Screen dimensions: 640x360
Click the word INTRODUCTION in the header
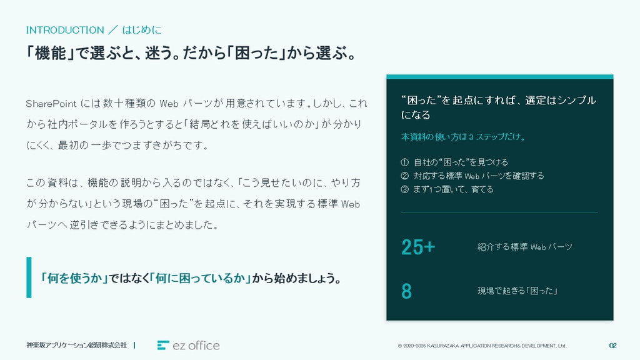(x=65, y=30)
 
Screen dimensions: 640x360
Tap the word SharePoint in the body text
(x=51, y=104)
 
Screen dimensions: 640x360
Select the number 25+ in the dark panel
(x=418, y=247)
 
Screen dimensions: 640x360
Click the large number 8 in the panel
(x=406, y=291)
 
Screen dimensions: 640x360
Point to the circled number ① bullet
(x=404, y=162)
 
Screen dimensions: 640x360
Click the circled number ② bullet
(x=404, y=176)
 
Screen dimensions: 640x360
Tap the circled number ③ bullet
(x=404, y=189)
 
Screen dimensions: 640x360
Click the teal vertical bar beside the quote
(x=29, y=277)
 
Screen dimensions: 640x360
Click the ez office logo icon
(x=163, y=345)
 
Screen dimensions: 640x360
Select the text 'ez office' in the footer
(x=196, y=346)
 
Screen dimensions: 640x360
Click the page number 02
(x=612, y=346)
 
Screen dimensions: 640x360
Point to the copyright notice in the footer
(x=482, y=346)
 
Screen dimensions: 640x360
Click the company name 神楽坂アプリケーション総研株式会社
(x=77, y=345)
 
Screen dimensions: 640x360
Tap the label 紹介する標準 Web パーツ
(x=525, y=247)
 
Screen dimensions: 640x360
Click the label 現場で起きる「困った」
(x=517, y=291)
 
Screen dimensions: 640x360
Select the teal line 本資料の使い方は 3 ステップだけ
(x=463, y=137)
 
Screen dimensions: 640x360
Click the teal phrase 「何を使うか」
(x=74, y=278)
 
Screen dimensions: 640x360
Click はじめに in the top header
(x=142, y=30)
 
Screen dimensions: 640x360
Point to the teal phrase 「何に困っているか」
(x=200, y=278)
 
